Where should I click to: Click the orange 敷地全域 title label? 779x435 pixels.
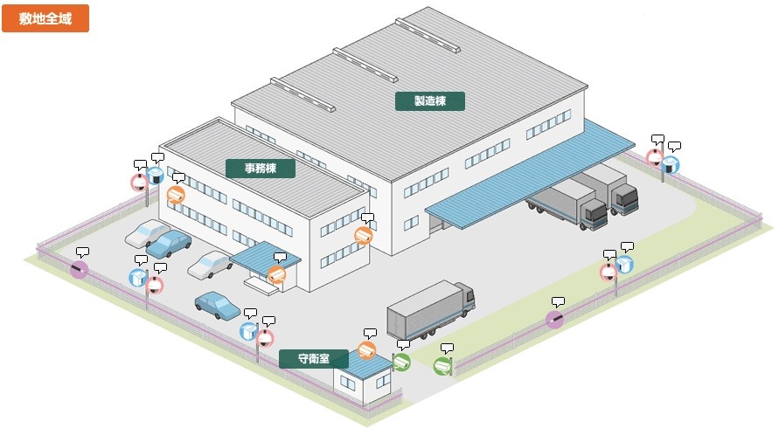click(x=45, y=18)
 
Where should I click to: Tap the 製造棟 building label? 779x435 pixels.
click(x=430, y=101)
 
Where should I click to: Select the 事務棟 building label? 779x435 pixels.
click(x=261, y=169)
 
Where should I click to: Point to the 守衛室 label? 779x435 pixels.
click(x=314, y=358)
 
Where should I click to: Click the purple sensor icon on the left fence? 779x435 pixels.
click(x=79, y=269)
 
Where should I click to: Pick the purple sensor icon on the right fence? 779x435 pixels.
click(x=555, y=320)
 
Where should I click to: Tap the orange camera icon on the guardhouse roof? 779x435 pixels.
click(x=367, y=350)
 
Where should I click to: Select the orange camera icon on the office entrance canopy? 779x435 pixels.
click(x=277, y=274)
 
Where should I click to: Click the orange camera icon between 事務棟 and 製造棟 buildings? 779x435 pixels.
click(x=364, y=235)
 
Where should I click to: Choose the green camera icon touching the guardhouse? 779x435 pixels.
click(x=401, y=362)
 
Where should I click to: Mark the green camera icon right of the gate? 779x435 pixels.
click(x=442, y=367)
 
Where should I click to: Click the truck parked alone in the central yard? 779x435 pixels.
click(x=431, y=309)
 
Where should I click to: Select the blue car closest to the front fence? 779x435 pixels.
click(x=218, y=304)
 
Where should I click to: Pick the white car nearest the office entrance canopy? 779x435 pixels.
click(x=210, y=264)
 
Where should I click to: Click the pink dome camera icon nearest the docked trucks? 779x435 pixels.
click(x=656, y=158)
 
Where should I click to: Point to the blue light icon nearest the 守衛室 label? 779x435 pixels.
click(x=249, y=331)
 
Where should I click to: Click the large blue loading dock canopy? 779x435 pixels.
click(x=530, y=174)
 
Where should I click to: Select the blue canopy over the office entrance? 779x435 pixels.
click(x=265, y=255)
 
